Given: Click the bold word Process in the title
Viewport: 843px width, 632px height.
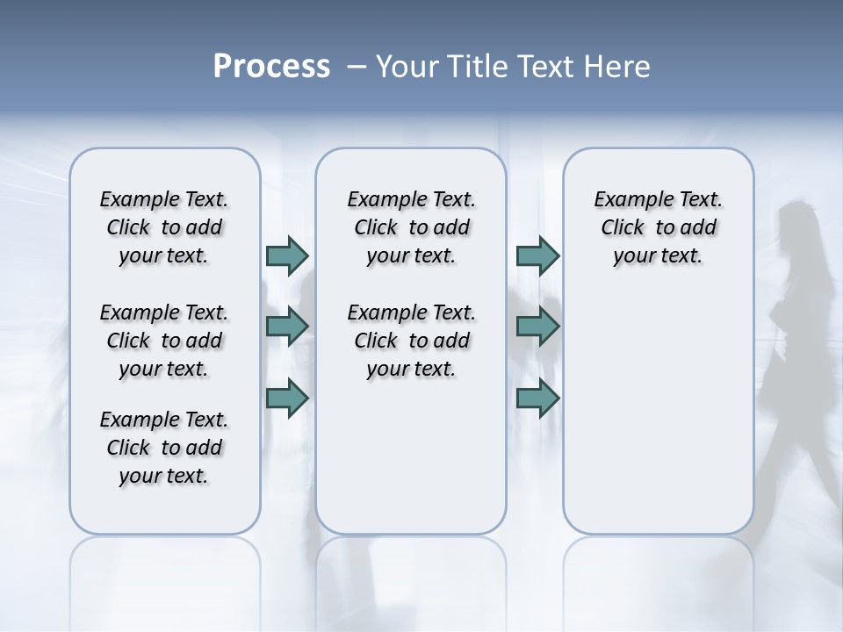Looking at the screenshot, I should (x=271, y=67).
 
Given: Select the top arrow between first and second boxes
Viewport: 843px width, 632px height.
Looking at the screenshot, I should (x=287, y=255).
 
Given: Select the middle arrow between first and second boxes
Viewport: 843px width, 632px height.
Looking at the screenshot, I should (x=287, y=327).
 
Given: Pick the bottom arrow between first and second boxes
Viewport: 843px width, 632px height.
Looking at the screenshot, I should (x=287, y=399).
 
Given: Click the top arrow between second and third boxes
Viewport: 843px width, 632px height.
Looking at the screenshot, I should (x=537, y=255).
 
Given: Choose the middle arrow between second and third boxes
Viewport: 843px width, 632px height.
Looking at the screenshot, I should (x=537, y=327).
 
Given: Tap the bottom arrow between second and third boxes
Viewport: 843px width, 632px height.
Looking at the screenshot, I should (x=537, y=399).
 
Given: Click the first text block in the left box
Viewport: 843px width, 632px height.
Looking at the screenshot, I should (x=164, y=227).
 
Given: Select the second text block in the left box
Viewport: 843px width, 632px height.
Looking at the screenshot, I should (x=164, y=341).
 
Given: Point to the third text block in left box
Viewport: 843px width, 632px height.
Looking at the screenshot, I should (x=164, y=448).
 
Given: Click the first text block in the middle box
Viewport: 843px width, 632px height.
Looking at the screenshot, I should (x=411, y=227).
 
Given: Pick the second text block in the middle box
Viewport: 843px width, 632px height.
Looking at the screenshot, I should (x=411, y=341).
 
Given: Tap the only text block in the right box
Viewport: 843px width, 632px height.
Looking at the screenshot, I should (x=658, y=227).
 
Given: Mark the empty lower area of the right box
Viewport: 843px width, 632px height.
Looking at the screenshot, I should (x=658, y=413).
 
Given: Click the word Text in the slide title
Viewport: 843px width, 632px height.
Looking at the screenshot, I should (x=542, y=67).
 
